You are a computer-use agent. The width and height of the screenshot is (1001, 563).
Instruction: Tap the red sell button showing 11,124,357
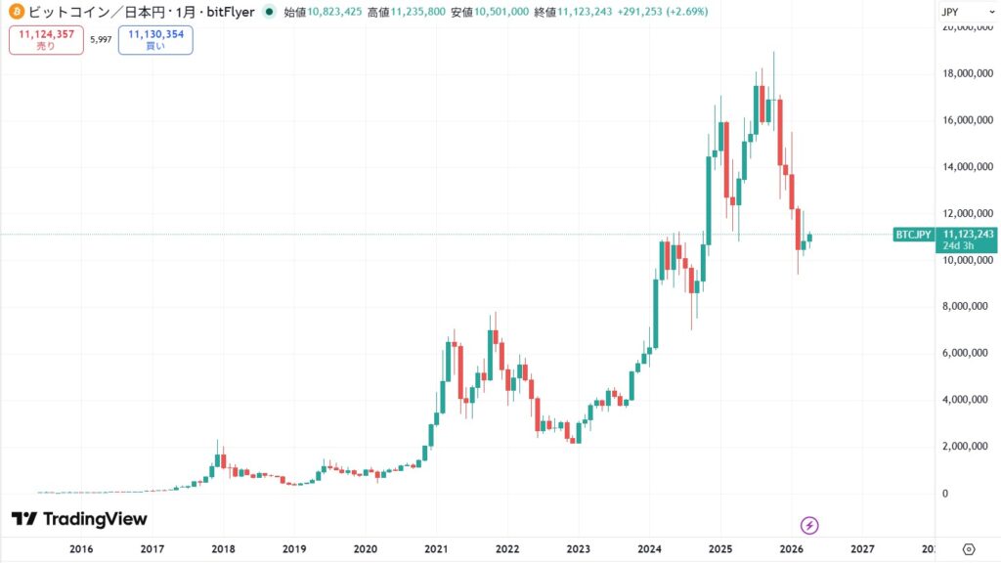coord(46,40)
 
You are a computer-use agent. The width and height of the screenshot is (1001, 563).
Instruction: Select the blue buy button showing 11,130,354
coord(155,40)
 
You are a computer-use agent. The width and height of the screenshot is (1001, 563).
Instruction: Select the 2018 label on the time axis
coord(223,549)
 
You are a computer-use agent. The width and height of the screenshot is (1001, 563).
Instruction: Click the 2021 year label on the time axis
coord(436,549)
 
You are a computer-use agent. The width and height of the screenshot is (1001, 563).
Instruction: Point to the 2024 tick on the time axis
coord(649,549)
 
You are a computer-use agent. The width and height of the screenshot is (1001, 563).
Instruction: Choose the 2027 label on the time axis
coord(862,549)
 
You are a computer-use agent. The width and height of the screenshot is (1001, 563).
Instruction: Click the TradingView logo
coord(79,519)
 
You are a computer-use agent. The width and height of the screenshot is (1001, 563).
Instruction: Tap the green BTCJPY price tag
coord(913,235)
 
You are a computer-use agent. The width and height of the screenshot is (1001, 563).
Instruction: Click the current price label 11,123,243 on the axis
coord(967,234)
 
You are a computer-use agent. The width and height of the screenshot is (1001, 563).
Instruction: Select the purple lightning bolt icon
coord(809,524)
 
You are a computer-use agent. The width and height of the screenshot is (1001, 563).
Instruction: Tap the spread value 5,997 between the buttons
coord(101,40)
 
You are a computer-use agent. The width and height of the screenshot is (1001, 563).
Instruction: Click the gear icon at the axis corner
coord(969,548)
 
